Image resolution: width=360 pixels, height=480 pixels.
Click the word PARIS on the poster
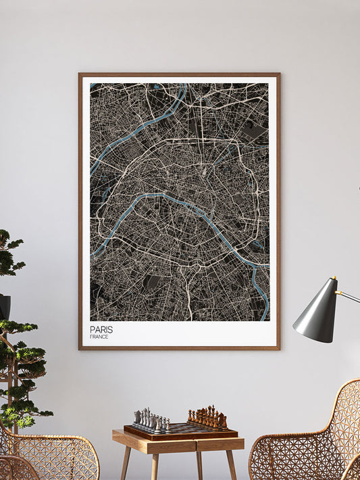pos(101,329)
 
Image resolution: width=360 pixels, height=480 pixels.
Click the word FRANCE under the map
pos(99,336)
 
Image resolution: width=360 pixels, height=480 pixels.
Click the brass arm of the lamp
pos(349,296)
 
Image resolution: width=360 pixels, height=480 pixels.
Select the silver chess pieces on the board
pos(152,420)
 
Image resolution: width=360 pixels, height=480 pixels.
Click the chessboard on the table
pos(180,430)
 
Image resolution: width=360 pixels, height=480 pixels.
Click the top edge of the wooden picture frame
pos(179,74)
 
